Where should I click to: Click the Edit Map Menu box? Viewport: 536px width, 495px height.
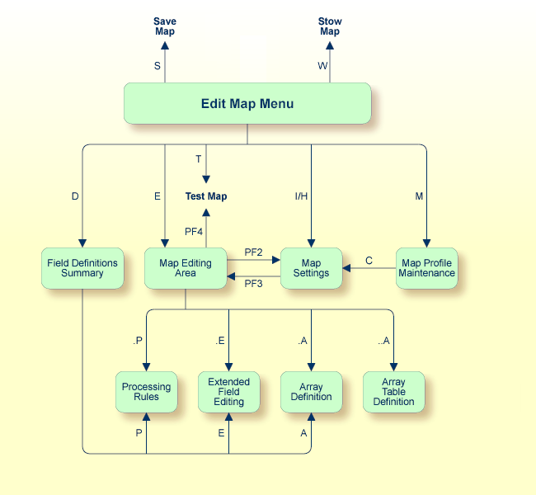click(247, 104)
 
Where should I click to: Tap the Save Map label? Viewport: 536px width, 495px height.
click(165, 26)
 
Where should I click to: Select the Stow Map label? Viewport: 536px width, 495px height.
click(330, 26)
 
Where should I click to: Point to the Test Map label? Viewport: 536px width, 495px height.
click(206, 196)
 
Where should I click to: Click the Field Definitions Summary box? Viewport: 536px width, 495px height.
click(82, 268)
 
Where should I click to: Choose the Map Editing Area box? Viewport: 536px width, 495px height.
click(186, 268)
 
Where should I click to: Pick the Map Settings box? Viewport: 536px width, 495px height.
click(311, 268)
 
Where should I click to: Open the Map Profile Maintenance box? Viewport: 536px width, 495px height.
click(427, 268)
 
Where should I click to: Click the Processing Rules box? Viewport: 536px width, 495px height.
click(146, 392)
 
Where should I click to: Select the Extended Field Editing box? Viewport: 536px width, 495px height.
click(228, 392)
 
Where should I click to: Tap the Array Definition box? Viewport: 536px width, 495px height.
click(311, 392)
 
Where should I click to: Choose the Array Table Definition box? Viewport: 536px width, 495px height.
click(393, 392)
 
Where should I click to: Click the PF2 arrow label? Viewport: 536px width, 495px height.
click(253, 252)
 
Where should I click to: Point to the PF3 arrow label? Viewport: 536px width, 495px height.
click(253, 284)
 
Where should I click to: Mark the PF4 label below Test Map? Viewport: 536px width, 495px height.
click(193, 232)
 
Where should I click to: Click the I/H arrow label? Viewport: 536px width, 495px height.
click(302, 196)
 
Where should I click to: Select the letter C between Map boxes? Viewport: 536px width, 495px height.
click(369, 261)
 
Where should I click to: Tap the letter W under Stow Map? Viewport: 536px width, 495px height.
click(322, 67)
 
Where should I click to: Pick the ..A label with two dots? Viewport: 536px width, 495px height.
click(383, 340)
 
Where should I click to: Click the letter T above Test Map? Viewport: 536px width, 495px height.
click(199, 158)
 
